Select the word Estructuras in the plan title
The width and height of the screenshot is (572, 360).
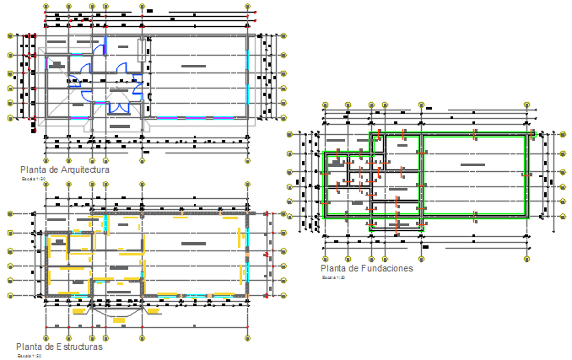tap(78, 347)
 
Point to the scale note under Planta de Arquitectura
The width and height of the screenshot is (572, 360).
tap(35, 179)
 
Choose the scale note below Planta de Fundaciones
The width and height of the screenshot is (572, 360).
tap(334, 277)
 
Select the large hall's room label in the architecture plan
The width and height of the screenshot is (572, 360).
tap(194, 65)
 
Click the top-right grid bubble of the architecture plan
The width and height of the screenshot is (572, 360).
tap(248, 7)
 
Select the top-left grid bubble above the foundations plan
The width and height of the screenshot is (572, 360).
tap(325, 105)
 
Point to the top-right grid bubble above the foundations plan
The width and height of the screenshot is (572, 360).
tap(526, 105)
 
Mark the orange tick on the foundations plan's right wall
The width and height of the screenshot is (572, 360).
tap(526, 175)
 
